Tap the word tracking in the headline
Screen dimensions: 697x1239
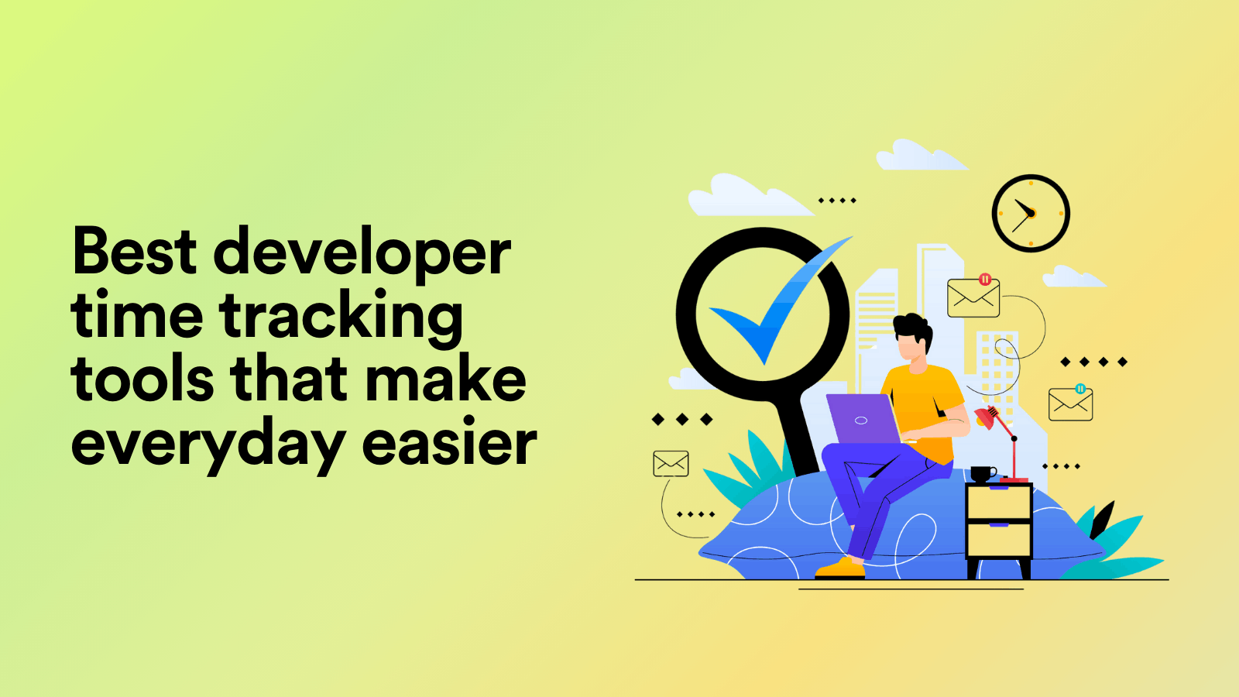click(341, 318)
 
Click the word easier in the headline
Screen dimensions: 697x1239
click(449, 443)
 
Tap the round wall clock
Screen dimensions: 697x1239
click(1031, 213)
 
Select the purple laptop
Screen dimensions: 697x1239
click(862, 419)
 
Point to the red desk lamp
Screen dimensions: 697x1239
click(999, 434)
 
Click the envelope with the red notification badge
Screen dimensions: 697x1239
click(973, 297)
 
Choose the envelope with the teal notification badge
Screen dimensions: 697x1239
click(1070, 403)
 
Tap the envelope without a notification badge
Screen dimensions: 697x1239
click(671, 463)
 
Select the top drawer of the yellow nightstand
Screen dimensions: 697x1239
click(999, 503)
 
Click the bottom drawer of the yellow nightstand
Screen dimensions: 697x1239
click(999, 540)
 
